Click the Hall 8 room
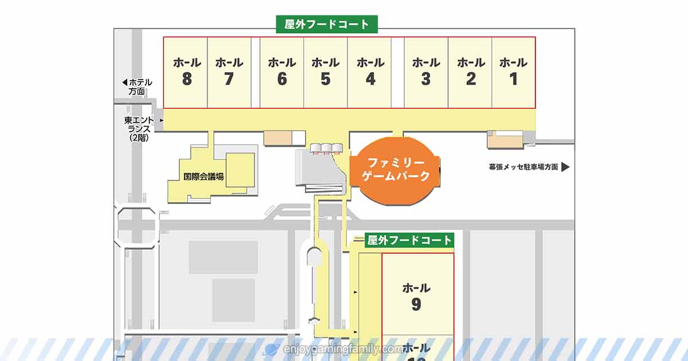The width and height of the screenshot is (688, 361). coord(186,72)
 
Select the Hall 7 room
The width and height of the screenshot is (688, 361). coord(229,72)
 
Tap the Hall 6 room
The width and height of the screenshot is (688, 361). coord(282,72)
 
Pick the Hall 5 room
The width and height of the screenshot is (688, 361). coord(326,72)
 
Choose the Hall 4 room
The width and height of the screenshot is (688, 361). coord(370,72)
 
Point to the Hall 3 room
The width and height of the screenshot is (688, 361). coord(426,72)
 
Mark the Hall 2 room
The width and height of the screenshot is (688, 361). coord(470,72)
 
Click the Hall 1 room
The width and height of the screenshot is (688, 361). coord(513,72)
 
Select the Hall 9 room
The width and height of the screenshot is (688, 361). coord(417,295)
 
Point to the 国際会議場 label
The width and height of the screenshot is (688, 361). coord(204,177)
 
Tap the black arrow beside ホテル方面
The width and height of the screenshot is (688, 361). coord(125,82)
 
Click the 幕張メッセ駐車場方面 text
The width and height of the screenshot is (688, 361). coord(523,167)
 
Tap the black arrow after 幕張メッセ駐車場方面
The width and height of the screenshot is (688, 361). coord(565,167)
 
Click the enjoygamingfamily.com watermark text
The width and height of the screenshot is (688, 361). coord(343,348)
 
